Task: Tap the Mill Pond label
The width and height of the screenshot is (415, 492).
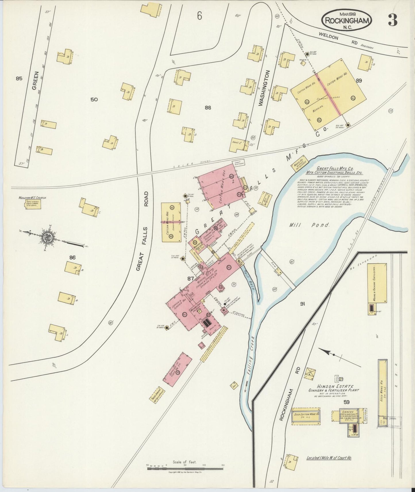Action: [x=309, y=225]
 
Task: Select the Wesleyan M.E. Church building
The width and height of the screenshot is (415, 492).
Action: [x=32, y=205]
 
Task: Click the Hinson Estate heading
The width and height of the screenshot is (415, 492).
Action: [x=335, y=386]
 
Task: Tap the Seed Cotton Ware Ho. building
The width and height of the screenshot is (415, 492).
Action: [x=306, y=414]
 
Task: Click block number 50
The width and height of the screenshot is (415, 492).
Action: [x=94, y=100]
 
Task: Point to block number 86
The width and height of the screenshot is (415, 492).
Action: [x=72, y=258]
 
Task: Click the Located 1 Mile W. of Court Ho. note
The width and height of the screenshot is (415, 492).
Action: [x=329, y=458]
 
